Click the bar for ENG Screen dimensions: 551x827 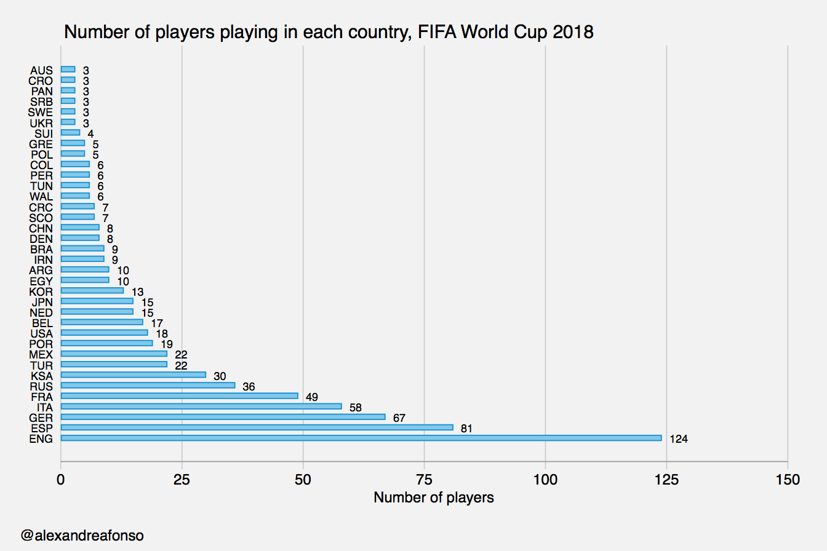[361, 438]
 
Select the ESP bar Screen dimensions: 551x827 [257, 427]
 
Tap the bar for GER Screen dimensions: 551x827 [223, 417]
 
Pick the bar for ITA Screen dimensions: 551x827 [201, 406]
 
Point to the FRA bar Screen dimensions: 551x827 [180, 396]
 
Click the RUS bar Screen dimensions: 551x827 [148, 386]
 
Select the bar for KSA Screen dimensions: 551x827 [134, 375]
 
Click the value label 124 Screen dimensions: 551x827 [678, 439]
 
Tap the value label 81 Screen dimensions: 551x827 [466, 429]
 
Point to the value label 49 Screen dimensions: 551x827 [311, 397]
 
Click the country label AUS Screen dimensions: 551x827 [41, 71]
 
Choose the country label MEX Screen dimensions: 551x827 [41, 355]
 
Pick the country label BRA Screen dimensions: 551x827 [41, 250]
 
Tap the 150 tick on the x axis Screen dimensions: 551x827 [788, 480]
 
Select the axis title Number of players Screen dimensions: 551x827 [433, 497]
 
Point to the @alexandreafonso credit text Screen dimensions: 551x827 [82, 535]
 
